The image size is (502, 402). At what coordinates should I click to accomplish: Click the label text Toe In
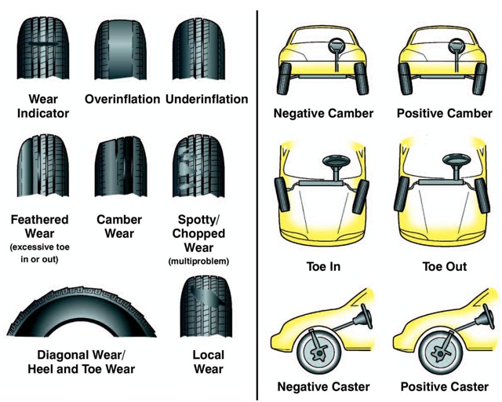coord(323,267)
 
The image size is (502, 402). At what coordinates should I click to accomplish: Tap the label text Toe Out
coord(445,267)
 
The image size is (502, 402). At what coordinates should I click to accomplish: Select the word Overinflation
coord(122,100)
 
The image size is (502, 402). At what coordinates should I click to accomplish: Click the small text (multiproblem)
coord(198,261)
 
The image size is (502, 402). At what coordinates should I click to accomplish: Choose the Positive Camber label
coord(444,114)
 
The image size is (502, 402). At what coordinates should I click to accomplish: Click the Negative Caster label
coord(323,386)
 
